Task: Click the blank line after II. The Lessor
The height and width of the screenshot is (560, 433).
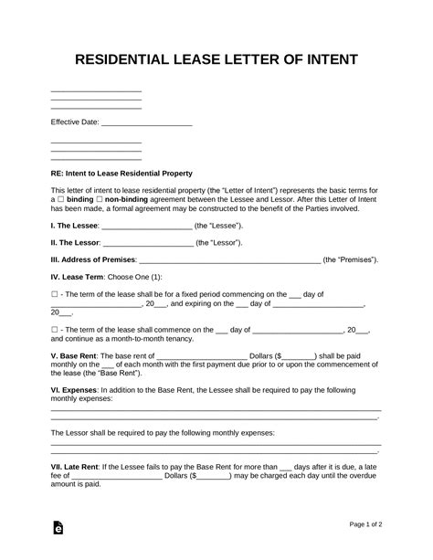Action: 144,244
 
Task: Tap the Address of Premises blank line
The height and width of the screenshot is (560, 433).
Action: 230,262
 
